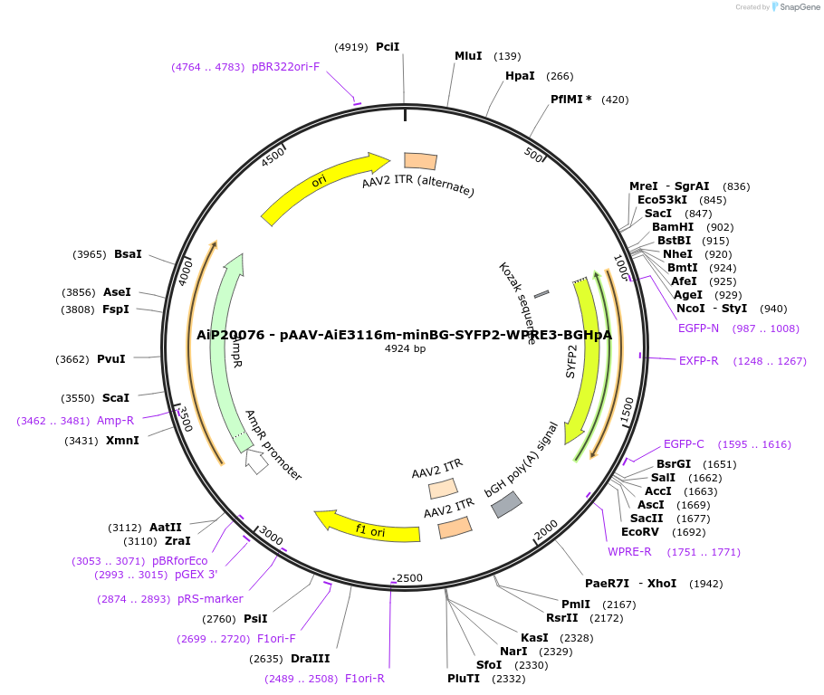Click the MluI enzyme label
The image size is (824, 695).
pyautogui.click(x=468, y=56)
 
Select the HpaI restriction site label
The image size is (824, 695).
pyautogui.click(x=520, y=76)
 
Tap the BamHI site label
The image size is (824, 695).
pyautogui.click(x=673, y=227)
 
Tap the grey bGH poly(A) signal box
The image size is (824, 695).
pyautogui.click(x=506, y=504)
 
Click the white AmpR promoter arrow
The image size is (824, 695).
pyautogui.click(x=256, y=462)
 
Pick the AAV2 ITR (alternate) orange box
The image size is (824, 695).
pyautogui.click(x=420, y=161)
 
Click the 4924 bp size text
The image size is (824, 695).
pyautogui.click(x=405, y=348)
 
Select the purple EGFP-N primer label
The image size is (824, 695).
pyautogui.click(x=698, y=328)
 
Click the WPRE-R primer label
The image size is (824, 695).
pyautogui.click(x=629, y=552)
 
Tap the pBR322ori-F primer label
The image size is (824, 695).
pyautogui.click(x=285, y=67)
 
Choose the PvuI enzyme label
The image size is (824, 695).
pyautogui.click(x=110, y=359)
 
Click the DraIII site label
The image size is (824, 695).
pyautogui.click(x=310, y=659)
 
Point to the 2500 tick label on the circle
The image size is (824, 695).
pyautogui.click(x=409, y=578)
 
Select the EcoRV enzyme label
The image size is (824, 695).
pyautogui.click(x=639, y=532)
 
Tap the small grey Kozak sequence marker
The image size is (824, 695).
pyautogui.click(x=541, y=294)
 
